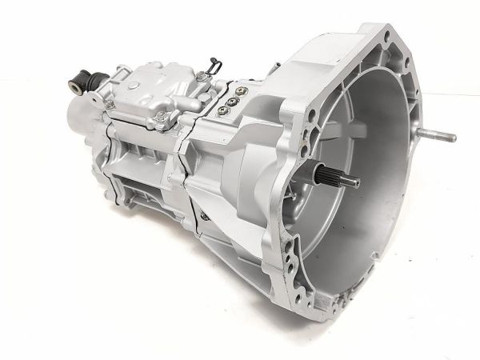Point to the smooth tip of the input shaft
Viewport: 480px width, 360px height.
click(351, 183)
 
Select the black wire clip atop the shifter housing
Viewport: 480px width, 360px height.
click(210, 67)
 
